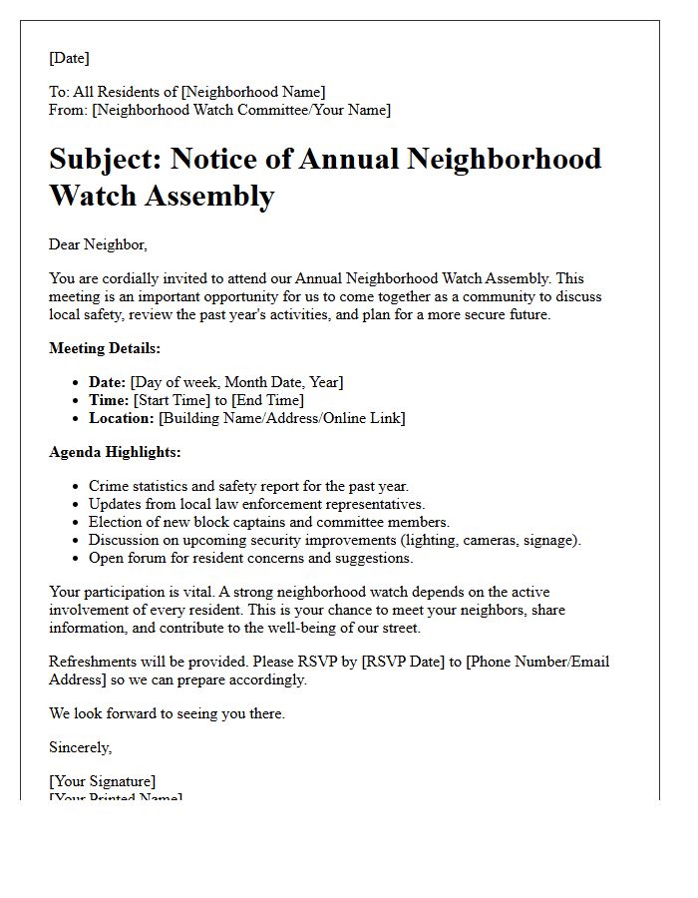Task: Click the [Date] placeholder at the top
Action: pos(69,59)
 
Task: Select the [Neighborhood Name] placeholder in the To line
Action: pos(253,92)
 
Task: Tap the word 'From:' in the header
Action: pos(68,110)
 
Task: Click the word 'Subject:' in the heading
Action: pos(105,160)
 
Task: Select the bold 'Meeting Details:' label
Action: pos(105,348)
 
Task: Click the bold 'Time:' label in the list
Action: pos(109,400)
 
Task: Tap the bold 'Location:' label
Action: pos(122,418)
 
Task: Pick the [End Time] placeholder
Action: pos(267,400)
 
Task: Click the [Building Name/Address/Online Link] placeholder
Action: pos(282,418)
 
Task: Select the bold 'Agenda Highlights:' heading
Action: pos(115,452)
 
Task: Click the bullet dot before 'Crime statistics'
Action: pos(77,487)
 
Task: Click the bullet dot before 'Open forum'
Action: pos(77,559)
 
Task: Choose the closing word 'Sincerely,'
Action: pos(81,747)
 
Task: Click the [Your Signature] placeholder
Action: pos(103,781)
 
